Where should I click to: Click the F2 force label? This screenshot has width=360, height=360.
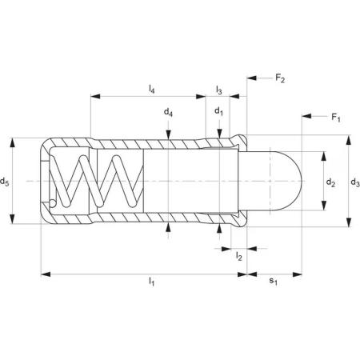(280, 78)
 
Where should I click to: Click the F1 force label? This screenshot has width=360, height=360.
(336, 118)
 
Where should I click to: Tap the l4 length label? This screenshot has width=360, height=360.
(151, 89)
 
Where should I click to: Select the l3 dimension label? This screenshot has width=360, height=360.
(218, 90)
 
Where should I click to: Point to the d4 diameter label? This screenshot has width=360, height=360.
(168, 113)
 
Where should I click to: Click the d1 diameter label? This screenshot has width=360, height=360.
(219, 111)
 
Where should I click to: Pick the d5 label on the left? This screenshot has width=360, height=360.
(5, 182)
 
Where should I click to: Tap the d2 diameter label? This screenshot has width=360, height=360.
(330, 182)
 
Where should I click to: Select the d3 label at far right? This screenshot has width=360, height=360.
(355, 182)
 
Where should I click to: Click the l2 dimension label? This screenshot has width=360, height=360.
(238, 256)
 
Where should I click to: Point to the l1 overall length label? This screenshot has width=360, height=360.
(151, 281)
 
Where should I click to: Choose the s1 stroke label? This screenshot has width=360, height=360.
(273, 281)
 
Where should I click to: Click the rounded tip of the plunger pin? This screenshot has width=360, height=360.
(302, 181)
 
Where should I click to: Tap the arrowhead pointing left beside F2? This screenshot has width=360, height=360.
(252, 78)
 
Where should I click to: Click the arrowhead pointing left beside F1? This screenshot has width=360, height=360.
(306, 116)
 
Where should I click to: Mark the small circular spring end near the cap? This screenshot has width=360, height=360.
(53, 203)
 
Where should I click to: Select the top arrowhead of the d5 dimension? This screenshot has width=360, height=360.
(12, 142)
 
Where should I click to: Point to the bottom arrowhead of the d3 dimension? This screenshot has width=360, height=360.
(349, 222)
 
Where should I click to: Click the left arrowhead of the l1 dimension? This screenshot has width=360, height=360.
(46, 274)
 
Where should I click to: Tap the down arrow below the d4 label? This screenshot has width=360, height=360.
(168, 134)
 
